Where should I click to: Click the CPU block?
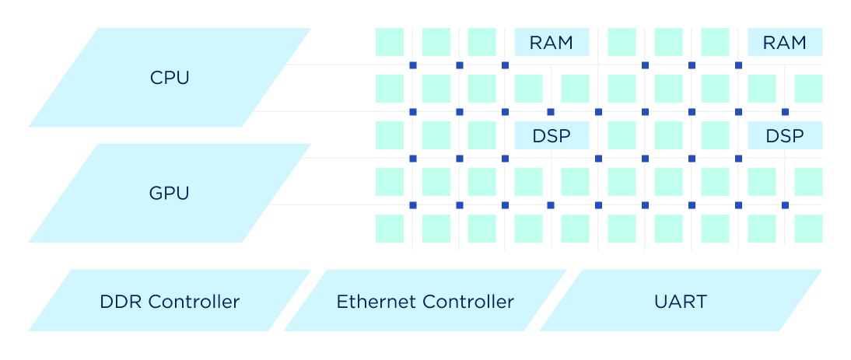pos(170,78)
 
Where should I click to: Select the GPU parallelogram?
pos(170,193)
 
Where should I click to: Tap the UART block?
pos(681,301)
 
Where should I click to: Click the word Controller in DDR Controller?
pos(194,301)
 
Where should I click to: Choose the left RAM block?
pos(552,42)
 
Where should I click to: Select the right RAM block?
pos(785,42)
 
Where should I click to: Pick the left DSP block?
pos(552,135)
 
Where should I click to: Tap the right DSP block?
pos(785,135)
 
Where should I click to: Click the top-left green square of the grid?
pos(390,42)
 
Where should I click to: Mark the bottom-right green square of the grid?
pos(808,229)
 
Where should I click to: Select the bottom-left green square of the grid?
pos(390,229)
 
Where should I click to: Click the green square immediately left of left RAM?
pos(482,42)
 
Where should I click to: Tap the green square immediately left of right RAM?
pos(715,42)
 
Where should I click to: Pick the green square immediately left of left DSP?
pos(482,135)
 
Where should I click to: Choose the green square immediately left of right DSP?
pos(715,135)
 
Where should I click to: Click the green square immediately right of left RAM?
pos(622,42)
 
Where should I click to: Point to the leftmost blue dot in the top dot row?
pos(413,65)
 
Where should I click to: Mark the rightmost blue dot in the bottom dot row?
pos(785,205)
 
